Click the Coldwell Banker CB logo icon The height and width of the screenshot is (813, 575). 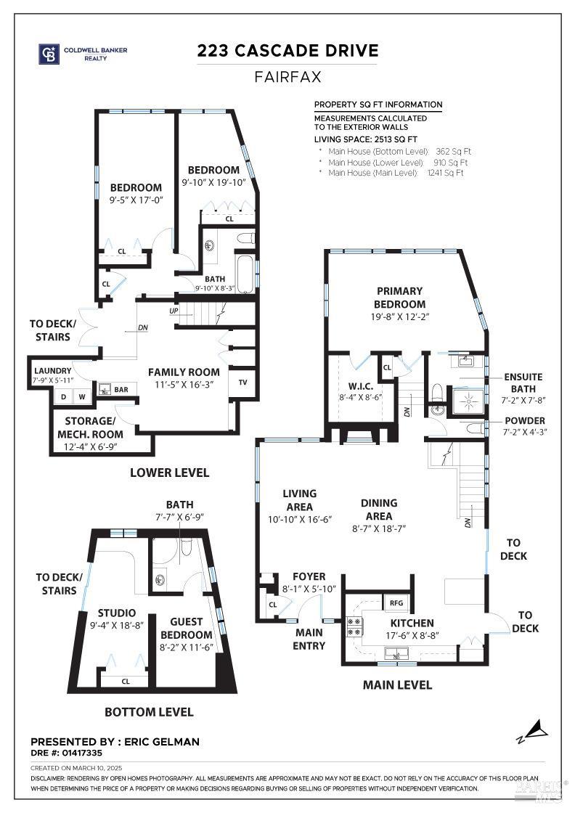(x=49, y=53)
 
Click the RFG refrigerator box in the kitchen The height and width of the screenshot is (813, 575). (x=396, y=602)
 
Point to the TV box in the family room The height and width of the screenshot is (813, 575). (x=242, y=382)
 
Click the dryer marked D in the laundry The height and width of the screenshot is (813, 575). (x=65, y=396)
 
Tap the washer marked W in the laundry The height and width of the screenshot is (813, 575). (x=82, y=396)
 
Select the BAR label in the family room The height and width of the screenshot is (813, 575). (x=121, y=390)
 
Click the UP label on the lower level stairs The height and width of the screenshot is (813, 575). (x=173, y=311)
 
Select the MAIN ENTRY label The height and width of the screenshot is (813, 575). (x=309, y=639)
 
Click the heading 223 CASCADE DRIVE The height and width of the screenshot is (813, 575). (x=287, y=50)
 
